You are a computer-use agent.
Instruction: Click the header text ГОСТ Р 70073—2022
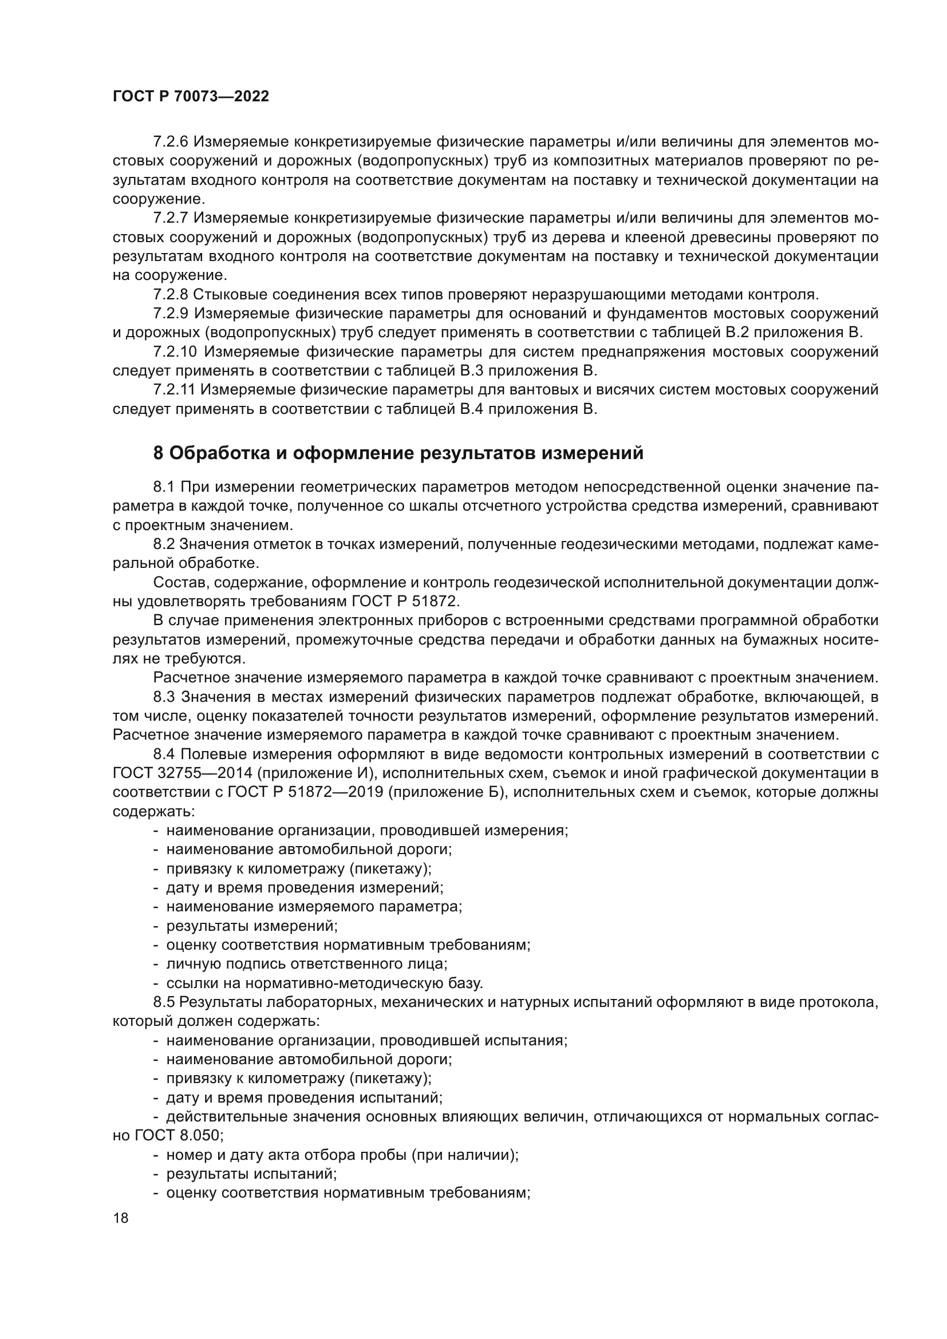[191, 97]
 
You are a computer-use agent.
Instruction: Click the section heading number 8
[158, 453]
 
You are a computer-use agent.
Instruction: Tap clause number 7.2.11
[174, 390]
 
